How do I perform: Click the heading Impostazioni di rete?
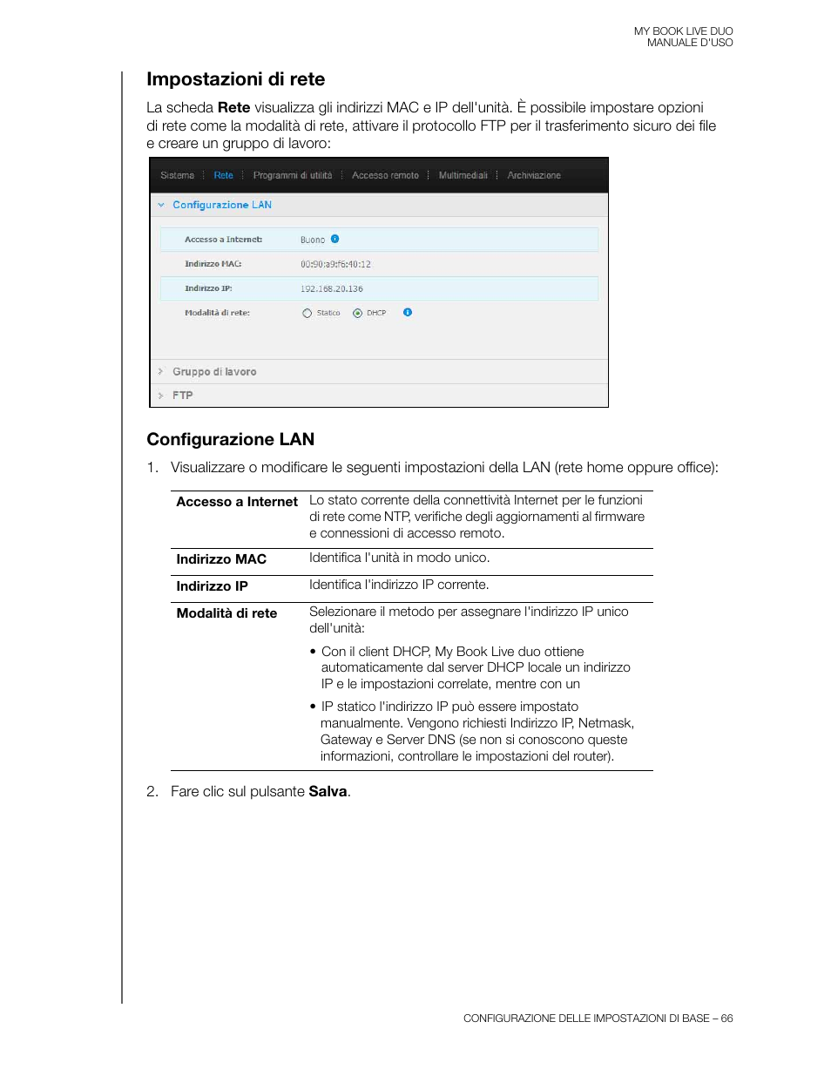pos(235,79)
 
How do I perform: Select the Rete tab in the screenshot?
pos(223,175)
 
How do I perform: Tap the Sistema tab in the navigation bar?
pos(177,175)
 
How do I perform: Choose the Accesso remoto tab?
pos(385,175)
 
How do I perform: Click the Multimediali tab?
pos(463,175)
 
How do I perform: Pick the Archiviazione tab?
pos(534,175)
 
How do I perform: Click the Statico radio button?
pos(307,314)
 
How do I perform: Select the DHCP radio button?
pos(357,314)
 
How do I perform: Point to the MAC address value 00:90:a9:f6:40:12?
pos(335,264)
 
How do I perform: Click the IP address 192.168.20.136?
pos(332,288)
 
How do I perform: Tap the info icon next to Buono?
pos(335,239)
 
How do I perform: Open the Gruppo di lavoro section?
pos(214,372)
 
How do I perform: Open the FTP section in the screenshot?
pos(183,396)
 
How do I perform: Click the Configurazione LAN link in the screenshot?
pos(222,205)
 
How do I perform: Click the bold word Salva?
pos(328,791)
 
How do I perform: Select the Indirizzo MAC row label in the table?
pos(221,559)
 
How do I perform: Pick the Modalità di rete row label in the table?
pos(226,613)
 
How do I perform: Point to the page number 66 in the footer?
pos(726,1018)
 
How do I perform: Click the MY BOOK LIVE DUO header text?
pos(683,31)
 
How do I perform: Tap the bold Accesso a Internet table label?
pos(237,502)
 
